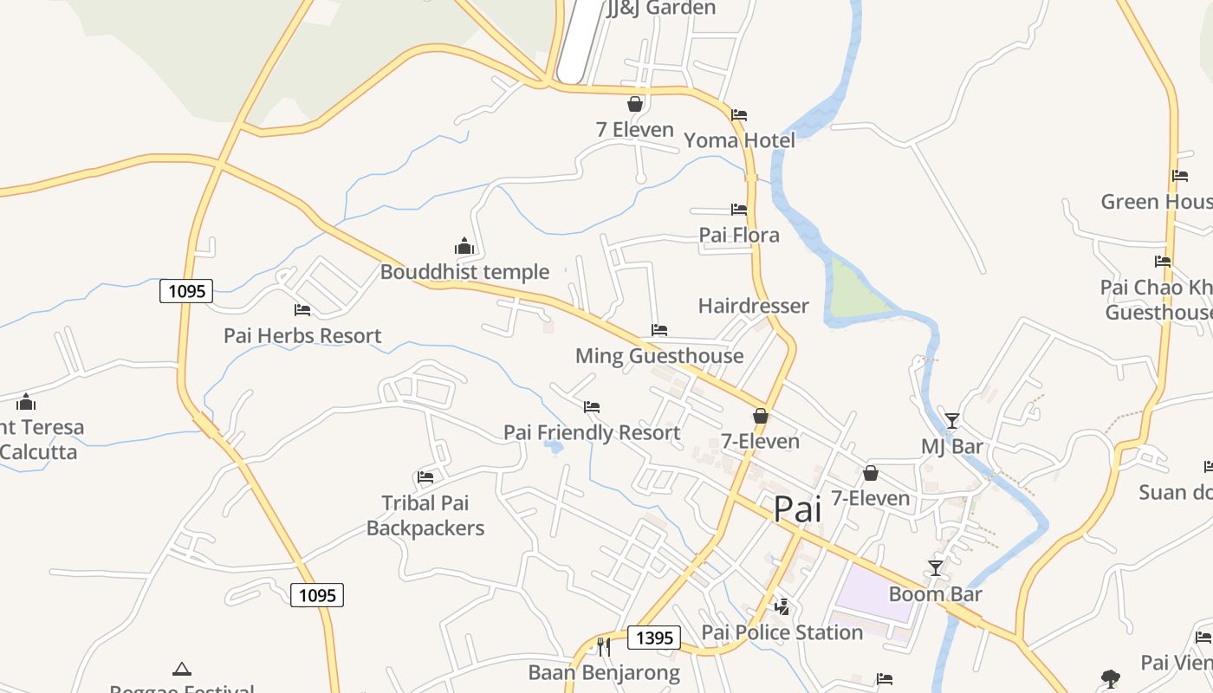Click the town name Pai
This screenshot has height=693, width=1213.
point(797,509)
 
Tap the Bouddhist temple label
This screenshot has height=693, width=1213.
point(464,272)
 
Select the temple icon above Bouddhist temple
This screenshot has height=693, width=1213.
point(464,247)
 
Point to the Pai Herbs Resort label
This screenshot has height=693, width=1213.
point(302,335)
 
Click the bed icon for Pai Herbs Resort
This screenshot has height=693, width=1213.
point(302,309)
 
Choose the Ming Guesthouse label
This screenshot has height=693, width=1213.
point(659,356)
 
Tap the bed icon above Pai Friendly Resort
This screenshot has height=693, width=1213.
point(592,406)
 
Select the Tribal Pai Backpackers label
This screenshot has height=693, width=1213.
point(425,515)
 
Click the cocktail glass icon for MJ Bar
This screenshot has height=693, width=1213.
point(952,421)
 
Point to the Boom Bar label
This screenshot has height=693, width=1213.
point(936,594)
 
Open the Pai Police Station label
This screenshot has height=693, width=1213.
point(782,632)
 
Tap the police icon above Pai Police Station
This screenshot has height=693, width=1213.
point(782,606)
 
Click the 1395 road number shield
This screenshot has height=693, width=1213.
point(654,638)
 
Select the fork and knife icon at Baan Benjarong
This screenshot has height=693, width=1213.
point(604,646)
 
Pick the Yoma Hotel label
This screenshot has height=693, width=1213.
point(739,140)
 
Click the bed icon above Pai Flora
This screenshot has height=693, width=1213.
point(739,210)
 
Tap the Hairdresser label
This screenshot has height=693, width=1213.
point(753,306)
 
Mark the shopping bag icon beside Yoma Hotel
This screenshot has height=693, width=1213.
point(635,104)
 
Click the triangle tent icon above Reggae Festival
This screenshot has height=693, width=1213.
point(181,669)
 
